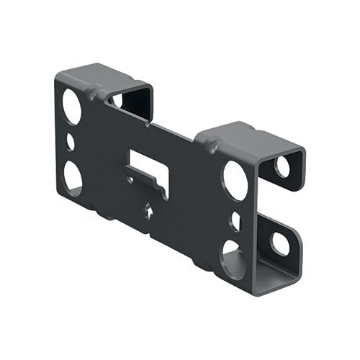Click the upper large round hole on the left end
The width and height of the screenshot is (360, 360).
tap(71, 108)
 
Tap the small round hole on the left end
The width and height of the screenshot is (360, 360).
tap(71, 141)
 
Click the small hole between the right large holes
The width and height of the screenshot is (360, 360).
tap(235, 220)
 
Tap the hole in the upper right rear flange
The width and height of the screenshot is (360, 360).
tap(282, 166)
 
